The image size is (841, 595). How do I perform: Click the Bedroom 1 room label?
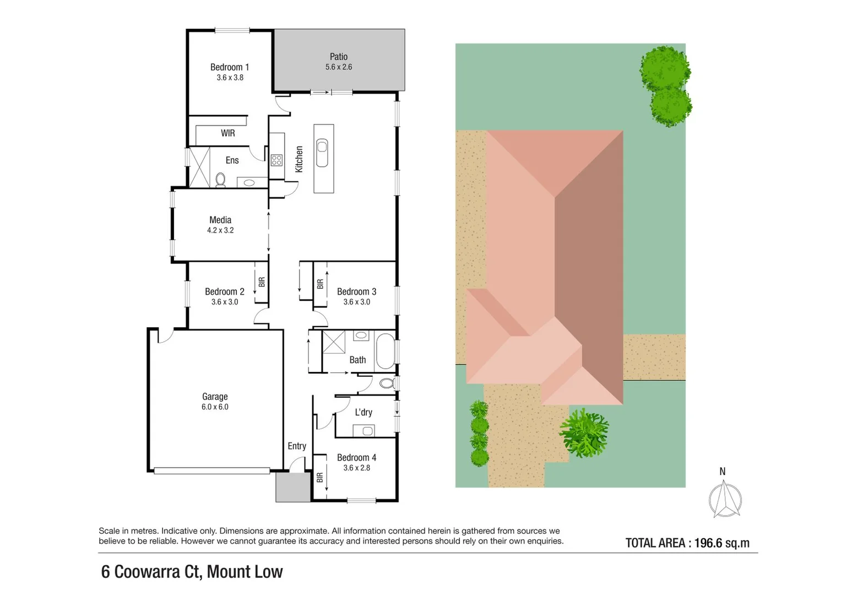point(229,67)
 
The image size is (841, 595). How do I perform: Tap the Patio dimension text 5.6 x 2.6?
point(338,67)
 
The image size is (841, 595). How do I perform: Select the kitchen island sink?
point(322,153)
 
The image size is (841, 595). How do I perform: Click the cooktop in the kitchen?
point(276,160)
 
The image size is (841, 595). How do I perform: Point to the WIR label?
point(227,133)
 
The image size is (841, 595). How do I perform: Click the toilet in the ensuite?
point(220,180)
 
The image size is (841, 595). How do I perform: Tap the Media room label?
point(220,220)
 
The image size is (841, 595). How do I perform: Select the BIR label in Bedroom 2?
point(262,282)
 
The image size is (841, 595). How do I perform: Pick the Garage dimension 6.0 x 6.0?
point(215,407)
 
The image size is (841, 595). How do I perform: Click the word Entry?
point(296,446)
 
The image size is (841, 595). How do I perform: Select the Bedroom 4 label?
point(356,458)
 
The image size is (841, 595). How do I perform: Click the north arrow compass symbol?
point(724,499)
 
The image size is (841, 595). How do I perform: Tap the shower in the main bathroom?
point(334,342)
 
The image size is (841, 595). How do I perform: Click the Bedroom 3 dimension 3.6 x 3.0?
point(356,302)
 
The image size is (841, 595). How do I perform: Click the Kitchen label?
point(299,159)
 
